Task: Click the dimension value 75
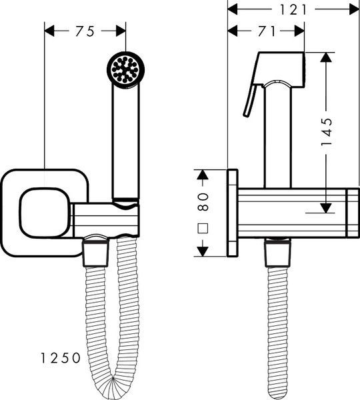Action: [85, 31]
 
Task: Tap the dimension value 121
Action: [293, 10]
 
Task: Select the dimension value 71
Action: [267, 31]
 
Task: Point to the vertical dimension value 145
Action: [327, 132]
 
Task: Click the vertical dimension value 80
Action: [203, 201]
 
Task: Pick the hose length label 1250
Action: [61, 358]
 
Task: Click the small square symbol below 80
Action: [203, 228]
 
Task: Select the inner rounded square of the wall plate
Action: [45, 213]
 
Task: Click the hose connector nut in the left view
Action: [95, 253]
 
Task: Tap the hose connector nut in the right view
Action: [278, 254]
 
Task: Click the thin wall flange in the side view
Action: [233, 213]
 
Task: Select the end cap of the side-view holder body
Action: [353, 213]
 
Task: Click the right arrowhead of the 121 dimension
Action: [354, 10]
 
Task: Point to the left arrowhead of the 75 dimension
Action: [50, 31]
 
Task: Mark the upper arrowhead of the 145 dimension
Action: [326, 57]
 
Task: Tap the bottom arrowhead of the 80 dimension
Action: [203, 251]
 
